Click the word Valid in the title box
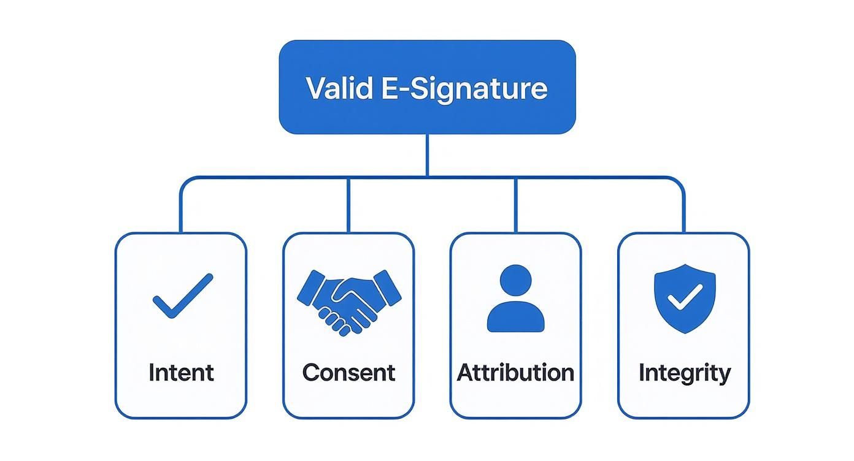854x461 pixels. pos(339,88)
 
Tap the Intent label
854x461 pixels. pos(181,373)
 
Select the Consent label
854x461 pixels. pos(348,373)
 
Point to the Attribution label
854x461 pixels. pos(515,373)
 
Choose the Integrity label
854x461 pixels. pos(684,373)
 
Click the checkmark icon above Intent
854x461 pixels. pos(182,295)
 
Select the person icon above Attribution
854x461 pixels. pos(515,299)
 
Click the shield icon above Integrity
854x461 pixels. pos(684,299)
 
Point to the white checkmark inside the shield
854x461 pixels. pos(685,297)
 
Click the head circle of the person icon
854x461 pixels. pos(515,280)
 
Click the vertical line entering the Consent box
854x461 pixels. pos(348,205)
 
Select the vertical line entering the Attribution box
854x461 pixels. pos(515,205)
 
